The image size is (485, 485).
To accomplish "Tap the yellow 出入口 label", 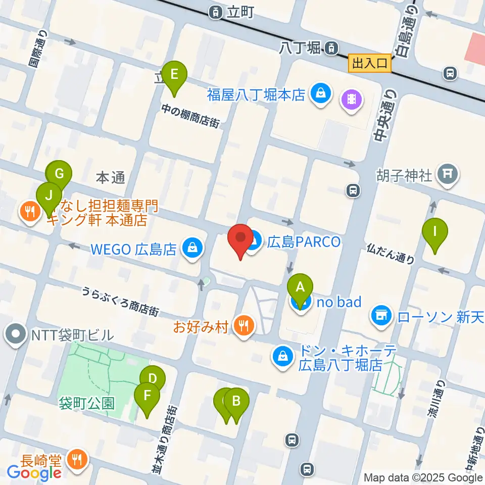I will pyautogui.click(x=370, y=63).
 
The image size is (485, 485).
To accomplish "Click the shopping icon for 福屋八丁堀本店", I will pyautogui.click(x=320, y=93).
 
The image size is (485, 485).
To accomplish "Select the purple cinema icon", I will pyautogui.click(x=352, y=97).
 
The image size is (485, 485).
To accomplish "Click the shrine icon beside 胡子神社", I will pyautogui.click(x=448, y=174).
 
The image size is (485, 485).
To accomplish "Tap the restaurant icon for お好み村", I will pyautogui.click(x=245, y=326).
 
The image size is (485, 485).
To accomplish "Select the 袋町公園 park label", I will pyautogui.click(x=86, y=403).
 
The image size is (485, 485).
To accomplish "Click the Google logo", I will pyautogui.click(x=34, y=472).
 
